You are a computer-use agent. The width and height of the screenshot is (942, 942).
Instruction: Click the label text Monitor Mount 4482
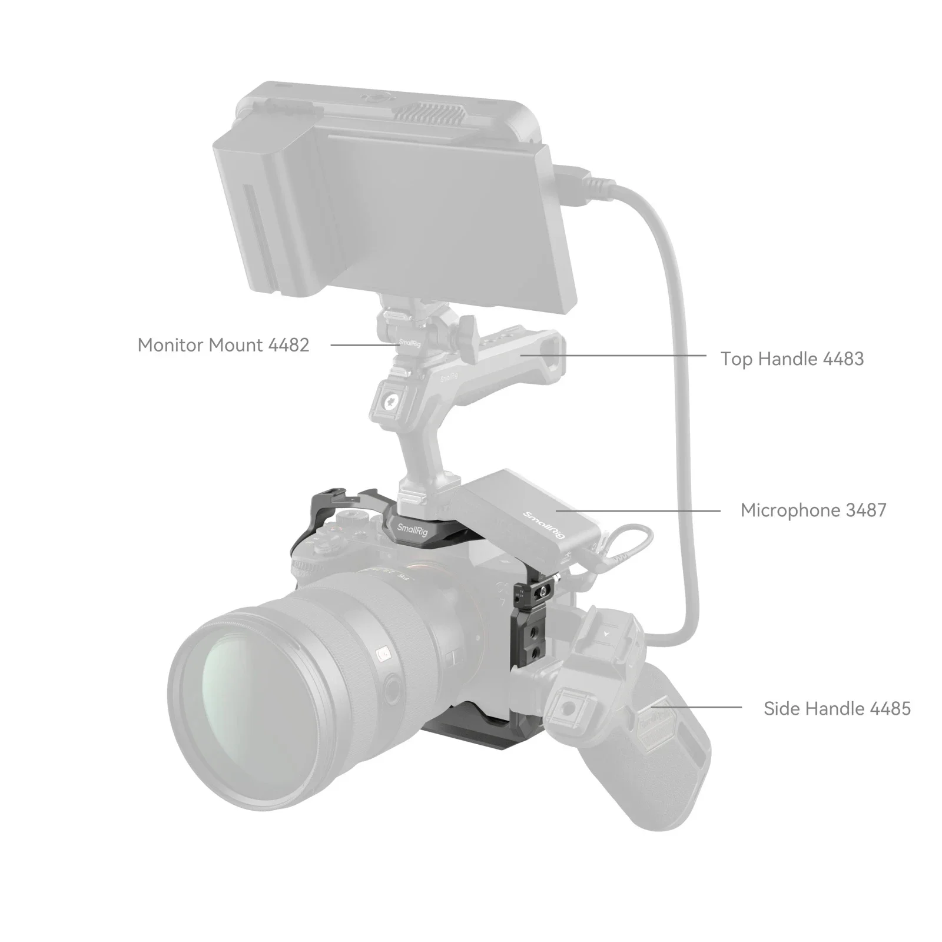pyautogui.click(x=223, y=345)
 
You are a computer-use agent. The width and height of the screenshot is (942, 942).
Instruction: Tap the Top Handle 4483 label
pyautogui.click(x=792, y=359)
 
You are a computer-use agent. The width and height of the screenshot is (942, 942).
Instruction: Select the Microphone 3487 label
pyautogui.click(x=813, y=510)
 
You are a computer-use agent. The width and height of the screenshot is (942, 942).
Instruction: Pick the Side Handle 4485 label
pyautogui.click(x=837, y=708)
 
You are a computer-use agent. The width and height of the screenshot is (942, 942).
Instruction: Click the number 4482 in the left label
pyautogui.click(x=288, y=345)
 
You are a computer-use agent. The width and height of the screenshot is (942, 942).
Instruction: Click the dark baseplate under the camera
pyautogui.click(x=465, y=736)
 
